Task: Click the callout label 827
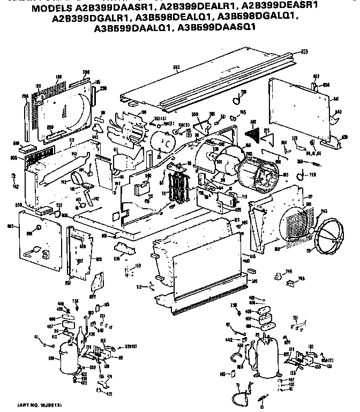point(93,295)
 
